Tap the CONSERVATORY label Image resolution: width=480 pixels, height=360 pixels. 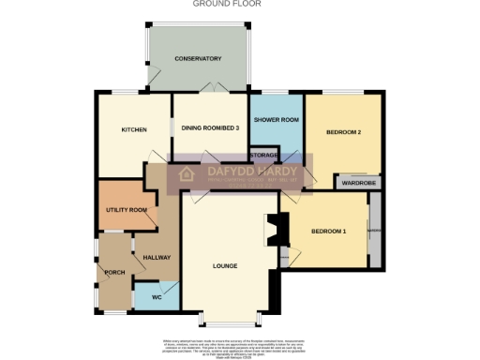pyautogui.click(x=198, y=59)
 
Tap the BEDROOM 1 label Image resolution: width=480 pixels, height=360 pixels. pyautogui.click(x=329, y=232)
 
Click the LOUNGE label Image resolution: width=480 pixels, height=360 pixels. pyautogui.click(x=225, y=266)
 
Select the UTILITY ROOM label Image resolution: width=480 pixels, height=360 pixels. pyautogui.click(x=123, y=210)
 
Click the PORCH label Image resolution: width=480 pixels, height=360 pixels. pyautogui.click(x=115, y=273)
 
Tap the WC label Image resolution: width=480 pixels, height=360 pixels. pyautogui.click(x=144, y=300)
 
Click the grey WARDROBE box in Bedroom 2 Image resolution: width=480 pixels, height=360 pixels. pyautogui.click(x=357, y=182)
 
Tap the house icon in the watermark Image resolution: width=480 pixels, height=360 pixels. pyautogui.click(x=186, y=174)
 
